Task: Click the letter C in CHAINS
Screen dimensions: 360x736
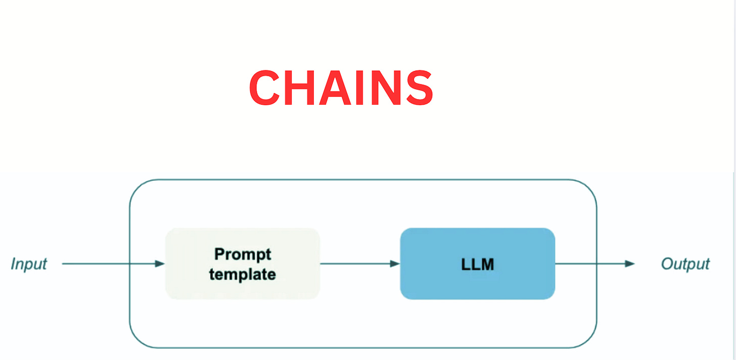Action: [266, 88]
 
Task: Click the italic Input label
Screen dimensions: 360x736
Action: [29, 264]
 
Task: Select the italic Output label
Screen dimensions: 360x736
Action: [685, 264]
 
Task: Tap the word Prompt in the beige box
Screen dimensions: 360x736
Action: [243, 254]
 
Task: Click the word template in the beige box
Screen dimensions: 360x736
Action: [243, 274]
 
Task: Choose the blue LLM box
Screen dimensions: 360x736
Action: [477, 263]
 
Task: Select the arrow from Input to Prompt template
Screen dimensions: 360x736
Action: [111, 263]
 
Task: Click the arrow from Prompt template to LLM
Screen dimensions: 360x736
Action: [359, 263]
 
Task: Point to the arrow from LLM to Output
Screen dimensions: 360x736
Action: [594, 263]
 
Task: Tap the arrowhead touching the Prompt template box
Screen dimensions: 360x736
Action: [160, 263]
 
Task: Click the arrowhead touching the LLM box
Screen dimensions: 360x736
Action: [395, 263]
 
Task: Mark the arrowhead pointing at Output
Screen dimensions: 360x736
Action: [629, 263]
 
